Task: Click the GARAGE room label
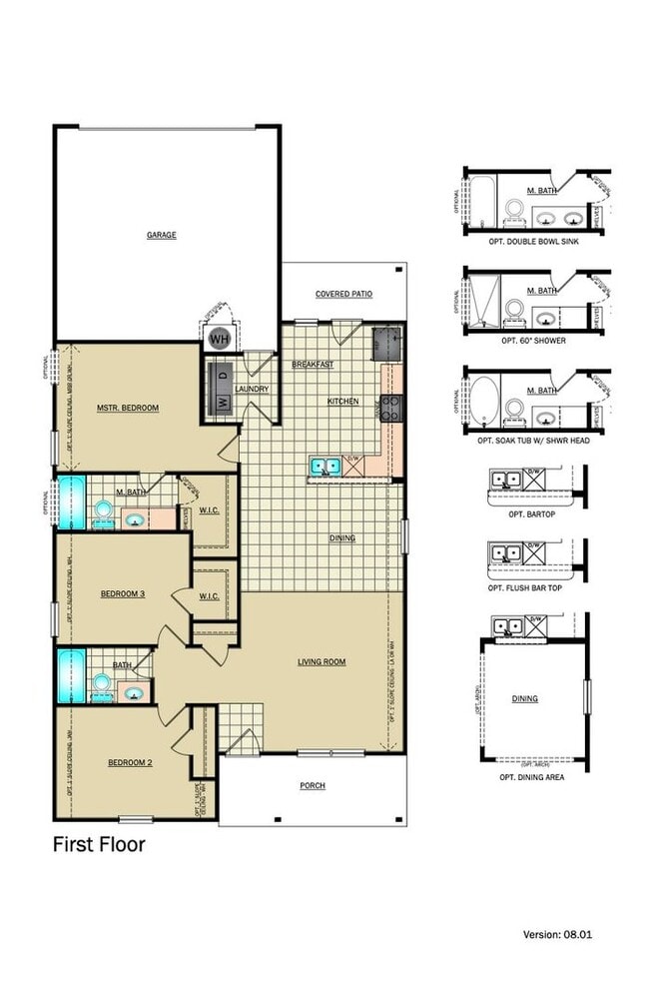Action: pos(162,235)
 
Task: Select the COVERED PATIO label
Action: pos(343,294)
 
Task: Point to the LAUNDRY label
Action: pos(252,389)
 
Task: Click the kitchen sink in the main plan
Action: pos(324,464)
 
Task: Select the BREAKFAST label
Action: pos(312,365)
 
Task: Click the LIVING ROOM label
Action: pos(322,661)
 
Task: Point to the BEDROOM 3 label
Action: pos(123,594)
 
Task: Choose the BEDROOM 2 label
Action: pos(130,763)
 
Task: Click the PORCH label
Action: pos(313,785)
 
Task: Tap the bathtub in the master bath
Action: pos(71,503)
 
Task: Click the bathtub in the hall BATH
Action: pos(71,676)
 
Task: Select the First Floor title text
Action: pos(99,844)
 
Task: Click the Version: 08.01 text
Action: pos(559,934)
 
